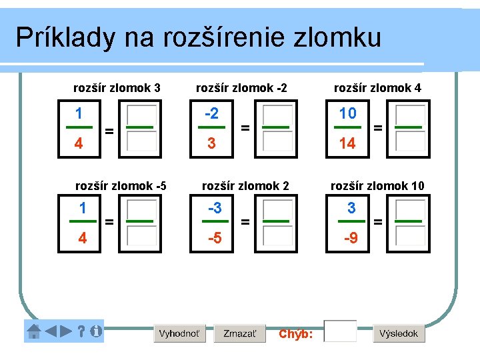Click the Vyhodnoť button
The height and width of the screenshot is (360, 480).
point(179,333)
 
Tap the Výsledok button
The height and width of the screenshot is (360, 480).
point(399,333)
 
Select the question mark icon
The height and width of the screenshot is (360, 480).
point(81,331)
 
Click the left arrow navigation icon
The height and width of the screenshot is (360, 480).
point(51,331)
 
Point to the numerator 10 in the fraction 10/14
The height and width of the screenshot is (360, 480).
point(348,113)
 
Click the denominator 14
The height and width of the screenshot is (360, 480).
point(348,143)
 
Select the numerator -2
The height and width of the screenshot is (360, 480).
point(211,113)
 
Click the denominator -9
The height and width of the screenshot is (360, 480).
point(351,237)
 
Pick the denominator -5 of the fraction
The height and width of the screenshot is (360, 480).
point(215,237)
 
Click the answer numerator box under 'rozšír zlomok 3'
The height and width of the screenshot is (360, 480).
point(141,114)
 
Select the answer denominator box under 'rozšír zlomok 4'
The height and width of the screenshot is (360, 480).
point(409,142)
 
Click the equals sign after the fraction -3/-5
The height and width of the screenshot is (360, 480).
point(246,222)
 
